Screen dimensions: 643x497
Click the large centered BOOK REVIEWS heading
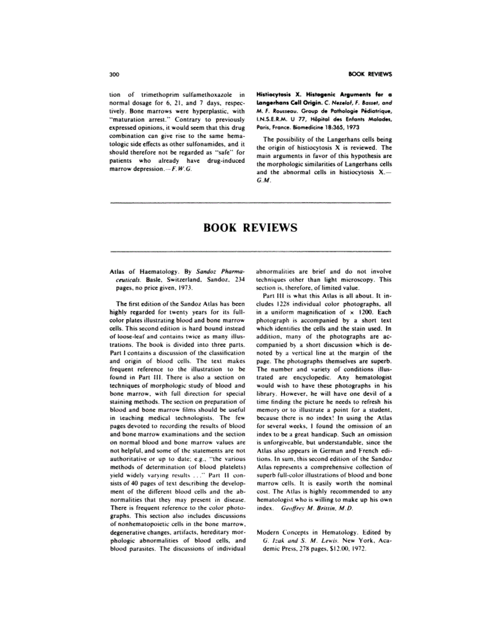[250, 227]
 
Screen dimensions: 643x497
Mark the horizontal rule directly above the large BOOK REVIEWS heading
[250, 203]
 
